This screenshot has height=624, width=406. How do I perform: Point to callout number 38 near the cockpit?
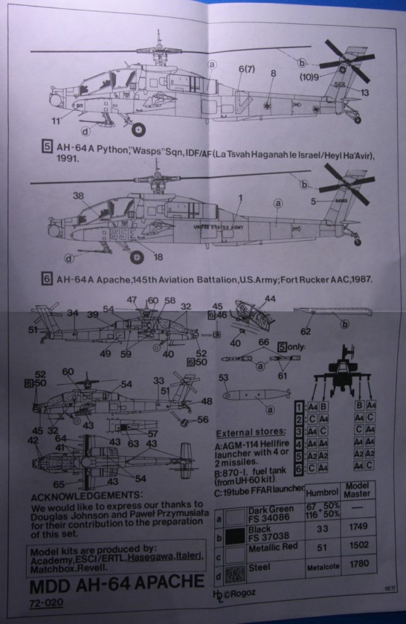79,196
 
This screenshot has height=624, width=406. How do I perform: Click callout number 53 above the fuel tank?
223,378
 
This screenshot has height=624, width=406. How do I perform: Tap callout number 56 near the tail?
203,419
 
